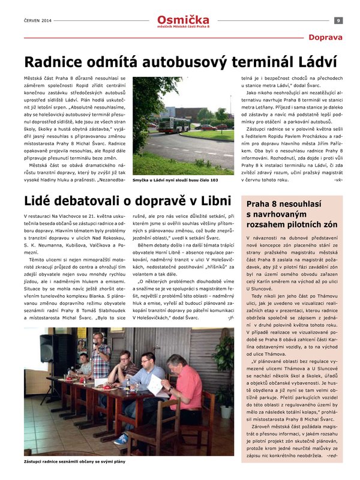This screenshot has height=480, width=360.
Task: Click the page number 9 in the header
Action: coord(339,20)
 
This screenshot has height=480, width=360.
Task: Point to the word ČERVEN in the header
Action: coord(31,20)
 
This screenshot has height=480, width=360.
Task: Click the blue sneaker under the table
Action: coord(121,439)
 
